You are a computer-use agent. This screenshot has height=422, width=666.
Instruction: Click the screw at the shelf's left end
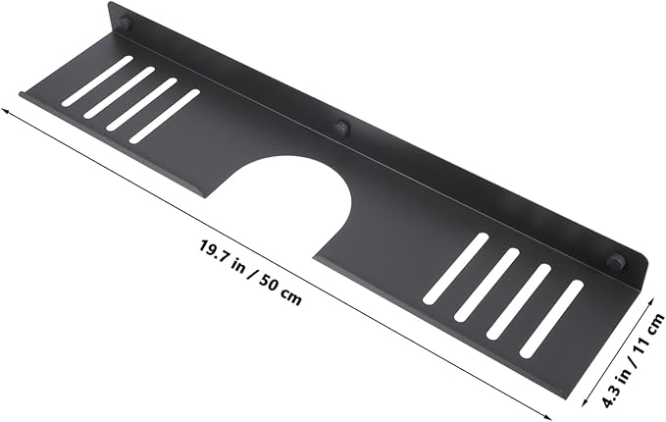[126, 23]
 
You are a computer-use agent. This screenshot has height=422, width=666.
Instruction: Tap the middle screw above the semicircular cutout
[341, 127]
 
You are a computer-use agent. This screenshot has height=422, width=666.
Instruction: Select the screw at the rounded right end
[617, 260]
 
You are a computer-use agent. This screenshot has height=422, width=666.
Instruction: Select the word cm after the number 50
[291, 296]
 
